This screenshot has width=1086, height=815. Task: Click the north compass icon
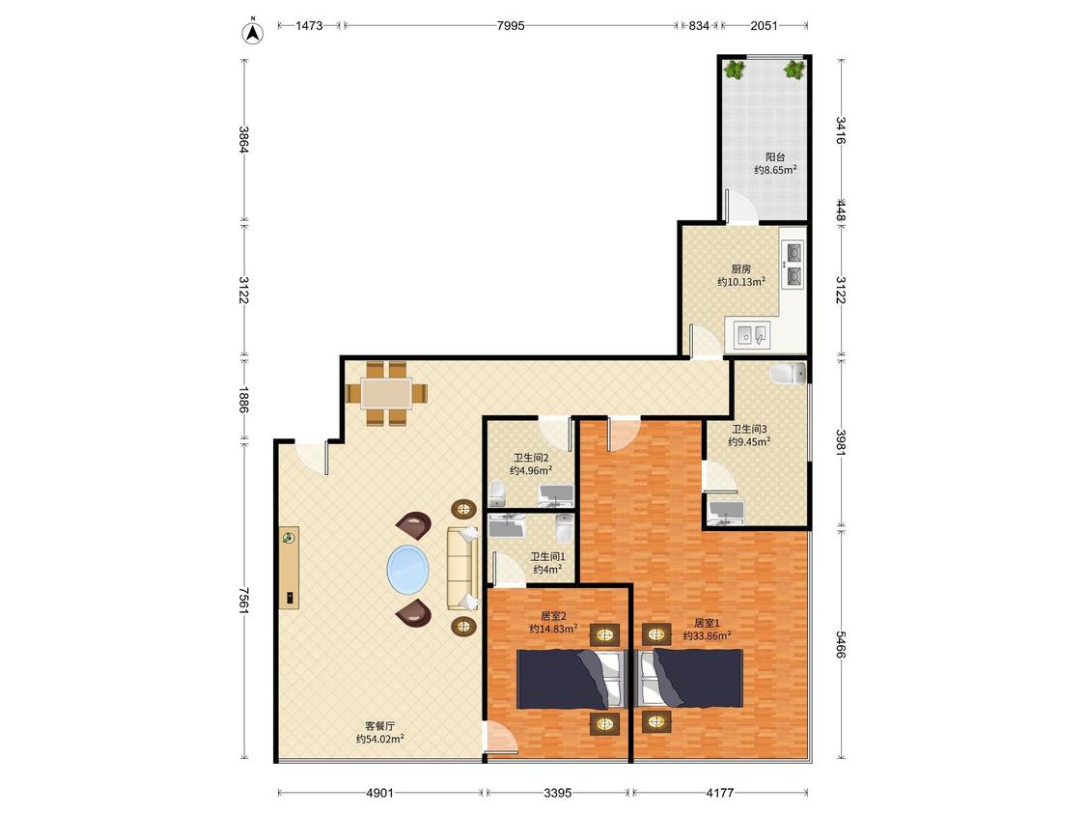coord(253,32)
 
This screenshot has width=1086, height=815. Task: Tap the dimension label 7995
coord(511,26)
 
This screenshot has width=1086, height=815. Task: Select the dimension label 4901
coord(379,792)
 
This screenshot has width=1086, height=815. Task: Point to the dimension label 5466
coord(840,644)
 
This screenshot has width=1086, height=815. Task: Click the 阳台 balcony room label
coord(775,157)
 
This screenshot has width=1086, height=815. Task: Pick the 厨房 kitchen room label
coord(741,268)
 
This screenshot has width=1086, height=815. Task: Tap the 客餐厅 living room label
coord(379,725)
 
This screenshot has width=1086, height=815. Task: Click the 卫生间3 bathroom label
coord(749,429)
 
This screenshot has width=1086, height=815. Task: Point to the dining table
coord(386,393)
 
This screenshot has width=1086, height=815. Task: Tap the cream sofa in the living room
coord(462,569)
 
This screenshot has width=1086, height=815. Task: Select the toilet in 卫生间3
coord(788,374)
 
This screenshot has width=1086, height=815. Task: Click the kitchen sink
coord(751,335)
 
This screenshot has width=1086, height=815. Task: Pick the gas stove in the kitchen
coord(793,264)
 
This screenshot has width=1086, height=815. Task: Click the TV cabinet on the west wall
coord(289,568)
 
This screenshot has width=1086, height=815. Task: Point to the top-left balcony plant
coord(734,70)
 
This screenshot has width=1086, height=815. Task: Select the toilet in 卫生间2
coord(496,493)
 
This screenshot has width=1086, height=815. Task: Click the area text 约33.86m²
coord(708,635)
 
